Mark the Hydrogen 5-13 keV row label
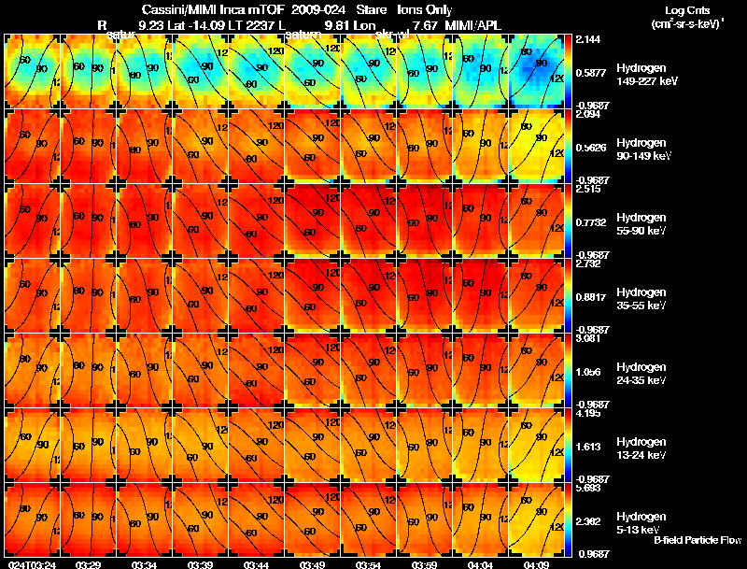tap(641, 522)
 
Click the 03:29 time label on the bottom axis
tap(89, 564)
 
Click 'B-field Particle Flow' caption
tap(697, 540)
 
